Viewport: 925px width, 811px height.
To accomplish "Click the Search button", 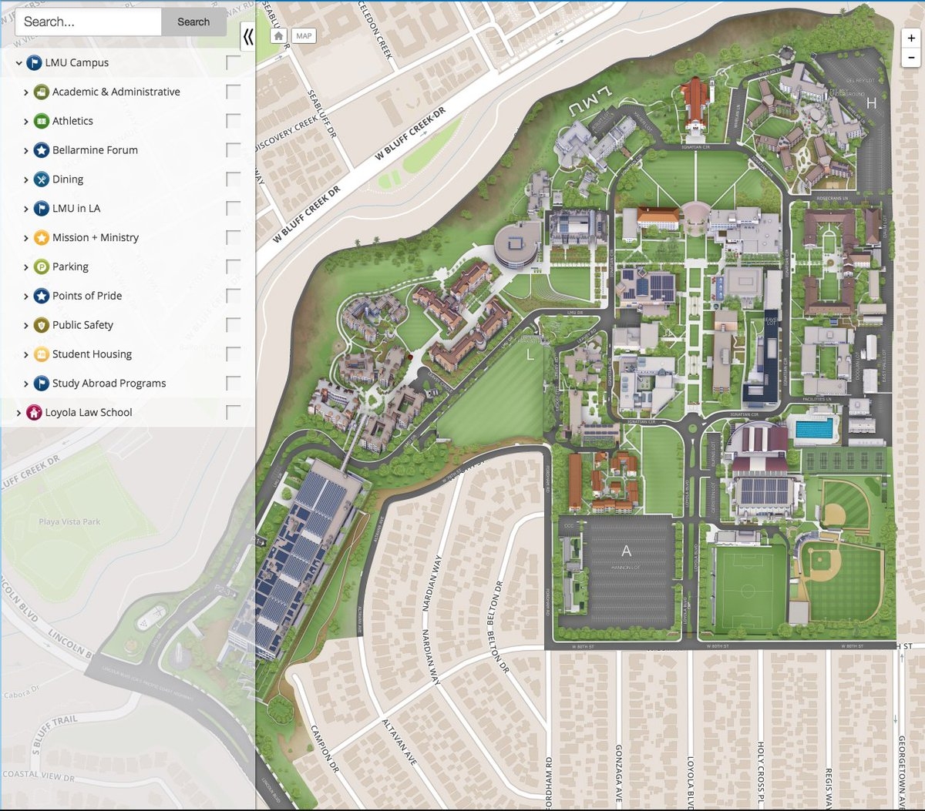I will coord(193,22).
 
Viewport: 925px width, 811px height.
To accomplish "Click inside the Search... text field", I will coord(88,22).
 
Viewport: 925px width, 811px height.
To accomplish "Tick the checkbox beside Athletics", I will coord(233,121).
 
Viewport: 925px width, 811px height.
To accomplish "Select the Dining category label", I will coord(68,179).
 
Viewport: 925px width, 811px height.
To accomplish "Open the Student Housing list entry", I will coord(92,354).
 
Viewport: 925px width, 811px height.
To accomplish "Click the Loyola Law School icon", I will coord(34,413).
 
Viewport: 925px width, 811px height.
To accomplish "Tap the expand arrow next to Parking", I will coord(25,267).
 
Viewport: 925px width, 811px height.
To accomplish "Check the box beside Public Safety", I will coord(233,325).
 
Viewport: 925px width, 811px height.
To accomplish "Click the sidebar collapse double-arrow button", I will coord(247,36).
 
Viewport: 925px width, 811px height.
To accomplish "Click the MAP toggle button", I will coord(304,36).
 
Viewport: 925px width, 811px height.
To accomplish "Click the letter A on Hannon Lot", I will coord(626,551).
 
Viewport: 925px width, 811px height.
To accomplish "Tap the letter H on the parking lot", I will coord(871,102).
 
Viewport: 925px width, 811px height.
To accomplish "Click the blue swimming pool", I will coord(815,429).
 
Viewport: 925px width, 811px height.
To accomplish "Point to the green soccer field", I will coord(748,590).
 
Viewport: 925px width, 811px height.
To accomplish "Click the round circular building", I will coord(518,245).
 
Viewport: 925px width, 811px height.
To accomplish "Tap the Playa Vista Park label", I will coord(69,522).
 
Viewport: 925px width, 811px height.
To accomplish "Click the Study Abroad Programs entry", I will coord(109,384).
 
